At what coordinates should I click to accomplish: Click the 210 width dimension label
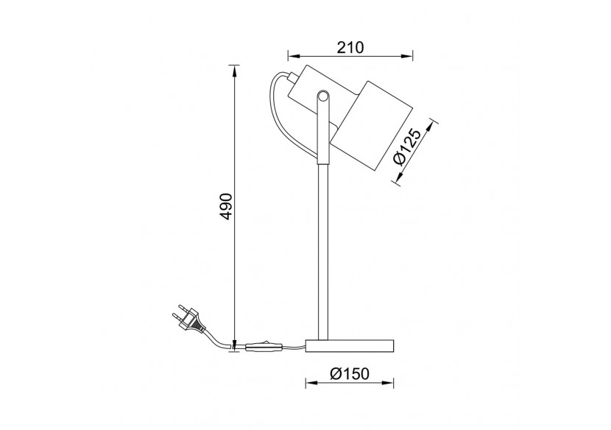350,48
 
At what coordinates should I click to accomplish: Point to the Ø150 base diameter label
349,374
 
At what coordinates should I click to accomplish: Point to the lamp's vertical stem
322,243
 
